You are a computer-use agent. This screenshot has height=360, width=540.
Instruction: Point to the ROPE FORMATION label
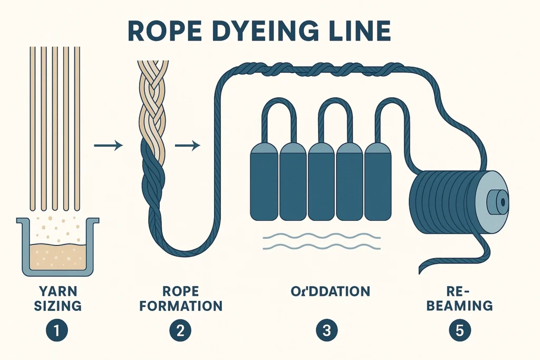180,298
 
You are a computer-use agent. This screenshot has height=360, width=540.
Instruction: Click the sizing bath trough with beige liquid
58,248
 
